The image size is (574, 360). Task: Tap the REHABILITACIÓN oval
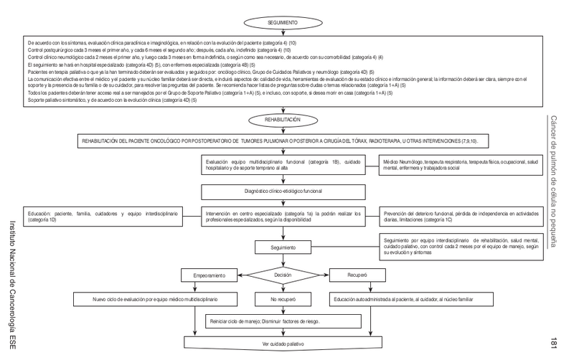[286, 120]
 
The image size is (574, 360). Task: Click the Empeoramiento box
[209, 275]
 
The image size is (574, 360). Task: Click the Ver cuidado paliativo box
[286, 344]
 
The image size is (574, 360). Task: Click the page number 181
[555, 341]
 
